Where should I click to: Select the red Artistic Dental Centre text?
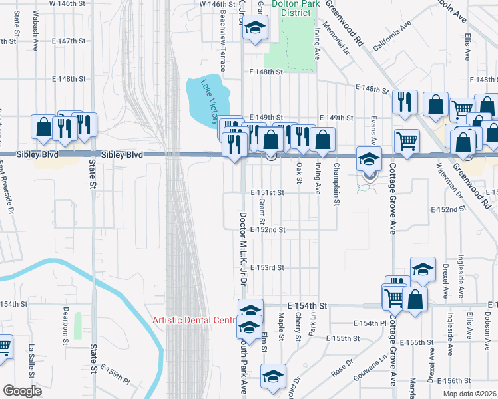[x=194, y=320]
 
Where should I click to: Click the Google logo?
[x=22, y=391]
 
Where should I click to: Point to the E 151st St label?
[x=268, y=192]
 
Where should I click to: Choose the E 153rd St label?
[x=268, y=267]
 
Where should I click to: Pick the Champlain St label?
[x=337, y=180]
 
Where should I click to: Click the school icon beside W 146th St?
[x=254, y=29]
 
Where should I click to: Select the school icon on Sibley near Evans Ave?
[x=368, y=159]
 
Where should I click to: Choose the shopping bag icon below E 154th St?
[x=415, y=299]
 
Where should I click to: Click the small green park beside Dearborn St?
[x=78, y=325]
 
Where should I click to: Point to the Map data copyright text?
[x=470, y=394]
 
